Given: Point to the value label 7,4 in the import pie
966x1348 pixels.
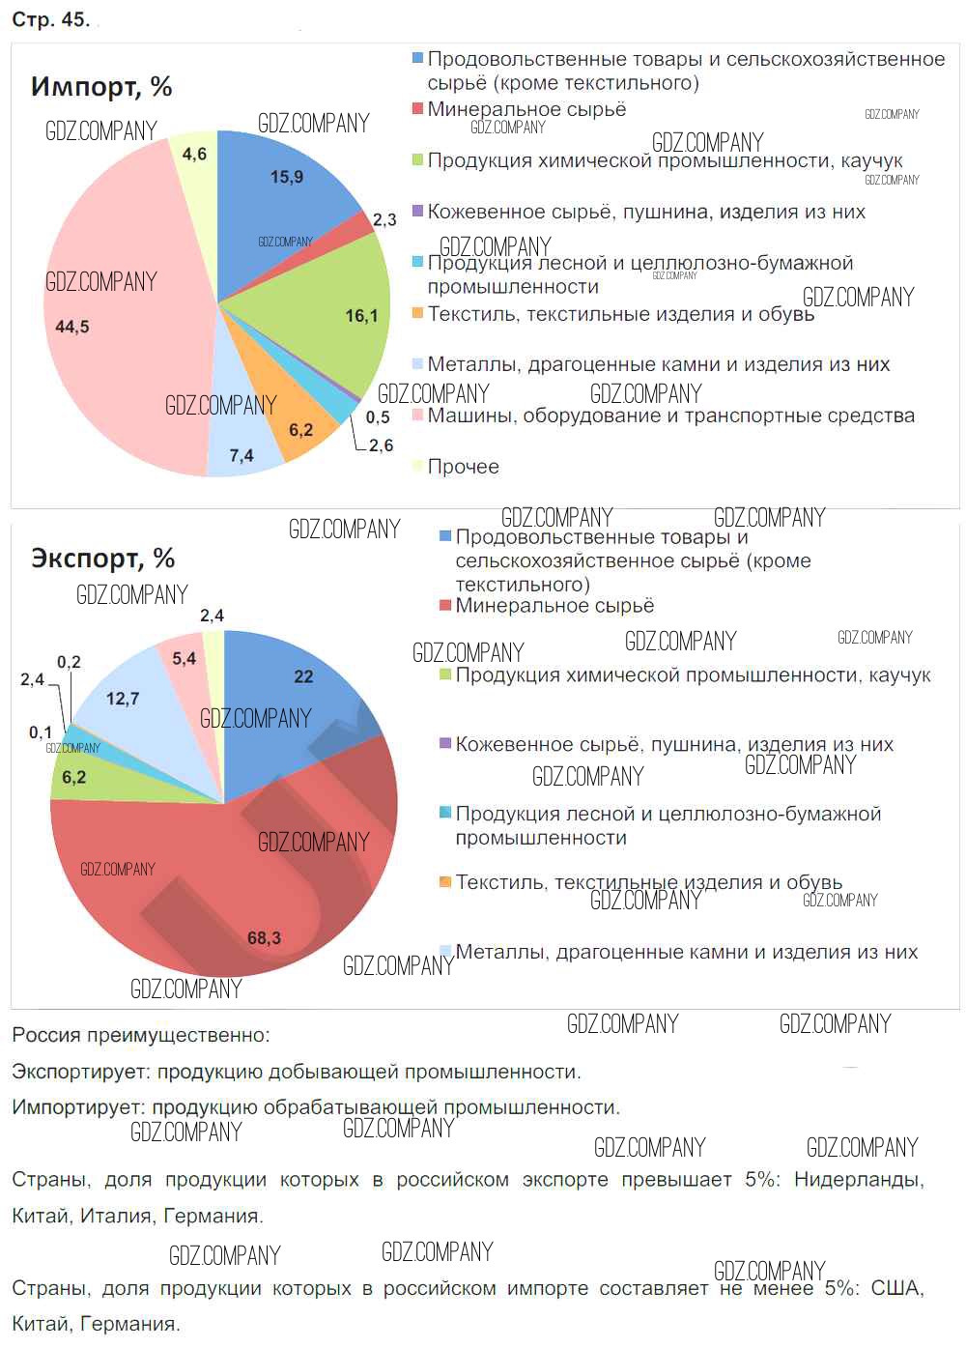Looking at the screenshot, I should (x=241, y=455).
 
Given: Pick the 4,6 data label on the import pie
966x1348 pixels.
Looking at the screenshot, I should (x=194, y=154).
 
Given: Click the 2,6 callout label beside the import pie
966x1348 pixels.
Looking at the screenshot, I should (x=381, y=445).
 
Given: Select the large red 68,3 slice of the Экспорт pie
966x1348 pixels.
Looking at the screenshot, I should (x=232, y=889).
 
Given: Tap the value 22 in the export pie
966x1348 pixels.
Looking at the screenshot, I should (x=303, y=676).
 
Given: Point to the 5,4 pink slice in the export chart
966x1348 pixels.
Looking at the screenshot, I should (x=184, y=660).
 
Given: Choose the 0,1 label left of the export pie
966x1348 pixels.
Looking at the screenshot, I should (x=41, y=732).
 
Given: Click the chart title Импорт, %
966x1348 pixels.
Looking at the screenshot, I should (x=101, y=87).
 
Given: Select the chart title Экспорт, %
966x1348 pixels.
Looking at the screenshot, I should (x=102, y=558).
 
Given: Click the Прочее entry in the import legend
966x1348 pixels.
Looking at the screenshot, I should (x=463, y=467).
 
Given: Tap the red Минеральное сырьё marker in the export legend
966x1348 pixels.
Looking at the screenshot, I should (x=445, y=606).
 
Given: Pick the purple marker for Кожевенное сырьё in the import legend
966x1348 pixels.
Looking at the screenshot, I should (x=417, y=211).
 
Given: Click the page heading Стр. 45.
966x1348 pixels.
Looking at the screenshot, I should (x=50, y=19).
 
